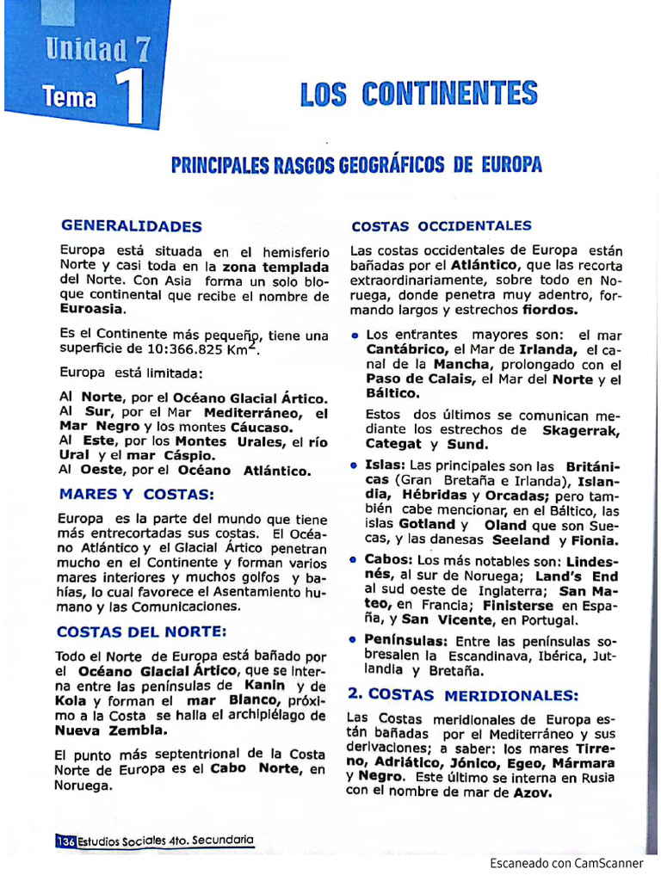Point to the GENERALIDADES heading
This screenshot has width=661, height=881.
click(131, 226)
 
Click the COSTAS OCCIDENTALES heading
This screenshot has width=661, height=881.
click(442, 226)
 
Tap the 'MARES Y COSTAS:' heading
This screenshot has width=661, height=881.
click(136, 495)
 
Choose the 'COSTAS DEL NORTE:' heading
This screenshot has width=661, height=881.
click(142, 632)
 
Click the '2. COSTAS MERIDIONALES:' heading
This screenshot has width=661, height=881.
click(463, 694)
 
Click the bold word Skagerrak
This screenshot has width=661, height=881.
click(581, 429)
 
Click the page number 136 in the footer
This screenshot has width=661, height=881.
click(65, 841)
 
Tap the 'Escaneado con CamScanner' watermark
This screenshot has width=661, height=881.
click(566, 863)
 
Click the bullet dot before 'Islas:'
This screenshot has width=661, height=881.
click(355, 465)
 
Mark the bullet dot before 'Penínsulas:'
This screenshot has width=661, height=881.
click(355, 641)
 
